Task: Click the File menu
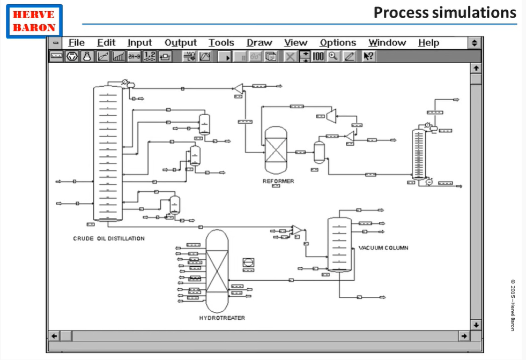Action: (76, 43)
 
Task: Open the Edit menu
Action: (106, 43)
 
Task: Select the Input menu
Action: (139, 43)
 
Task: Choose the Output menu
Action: (181, 43)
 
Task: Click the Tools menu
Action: (221, 43)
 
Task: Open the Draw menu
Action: (260, 43)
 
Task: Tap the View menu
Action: (295, 43)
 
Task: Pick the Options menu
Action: (338, 43)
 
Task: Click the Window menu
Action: (387, 43)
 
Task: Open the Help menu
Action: (428, 43)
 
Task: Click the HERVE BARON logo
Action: (34, 21)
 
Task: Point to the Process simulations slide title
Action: (444, 12)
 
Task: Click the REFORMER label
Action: (278, 181)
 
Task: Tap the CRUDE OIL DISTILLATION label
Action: (109, 238)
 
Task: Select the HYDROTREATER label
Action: (222, 318)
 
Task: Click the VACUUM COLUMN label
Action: (383, 248)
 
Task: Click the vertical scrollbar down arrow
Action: (476, 325)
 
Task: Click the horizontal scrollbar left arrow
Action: (54, 336)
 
